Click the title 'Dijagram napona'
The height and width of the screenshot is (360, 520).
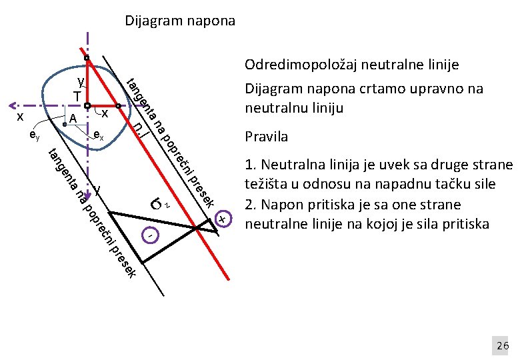180,21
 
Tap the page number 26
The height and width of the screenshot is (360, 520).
502,345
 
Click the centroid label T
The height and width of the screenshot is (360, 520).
77,97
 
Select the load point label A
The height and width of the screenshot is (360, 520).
73,118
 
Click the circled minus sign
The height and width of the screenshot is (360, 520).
151,235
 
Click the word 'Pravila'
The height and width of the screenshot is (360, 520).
267,137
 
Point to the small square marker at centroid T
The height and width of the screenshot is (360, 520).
87,105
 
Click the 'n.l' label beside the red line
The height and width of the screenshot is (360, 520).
138,127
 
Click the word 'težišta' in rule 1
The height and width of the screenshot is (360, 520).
265,180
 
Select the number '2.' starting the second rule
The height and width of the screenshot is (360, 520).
251,204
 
